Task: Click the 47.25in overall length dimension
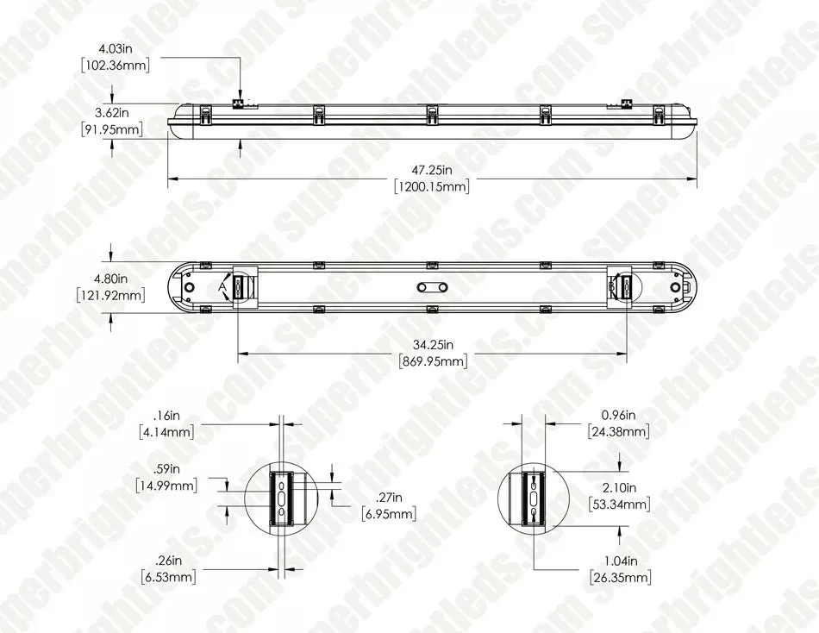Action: [x=431, y=172]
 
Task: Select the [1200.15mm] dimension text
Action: [x=431, y=186]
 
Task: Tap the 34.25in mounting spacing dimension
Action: [x=431, y=346]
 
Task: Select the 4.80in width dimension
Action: [x=110, y=279]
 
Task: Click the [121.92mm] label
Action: [x=110, y=295]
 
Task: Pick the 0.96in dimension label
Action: [x=618, y=416]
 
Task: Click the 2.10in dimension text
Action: [x=618, y=488]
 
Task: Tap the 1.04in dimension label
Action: [x=618, y=561]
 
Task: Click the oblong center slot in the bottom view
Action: [x=431, y=287]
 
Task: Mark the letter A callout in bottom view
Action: [x=222, y=285]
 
